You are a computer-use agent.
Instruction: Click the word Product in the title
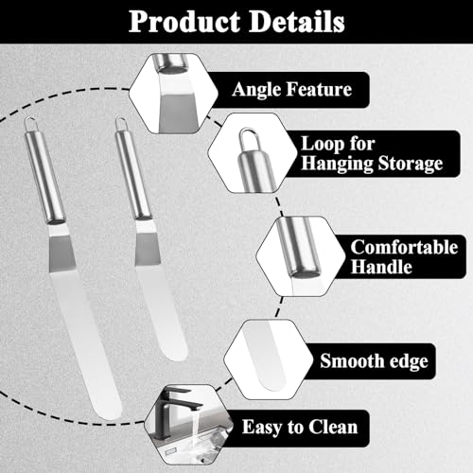click(184, 22)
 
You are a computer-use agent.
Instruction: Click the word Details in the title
click(296, 22)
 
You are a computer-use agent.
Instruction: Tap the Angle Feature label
click(291, 90)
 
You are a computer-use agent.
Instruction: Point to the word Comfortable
click(404, 247)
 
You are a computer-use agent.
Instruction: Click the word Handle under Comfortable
click(381, 267)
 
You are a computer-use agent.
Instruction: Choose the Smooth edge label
click(374, 360)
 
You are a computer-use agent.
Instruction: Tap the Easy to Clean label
click(300, 428)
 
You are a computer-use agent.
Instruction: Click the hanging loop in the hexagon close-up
click(251, 138)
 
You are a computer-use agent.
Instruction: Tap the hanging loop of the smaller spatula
click(121, 124)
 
